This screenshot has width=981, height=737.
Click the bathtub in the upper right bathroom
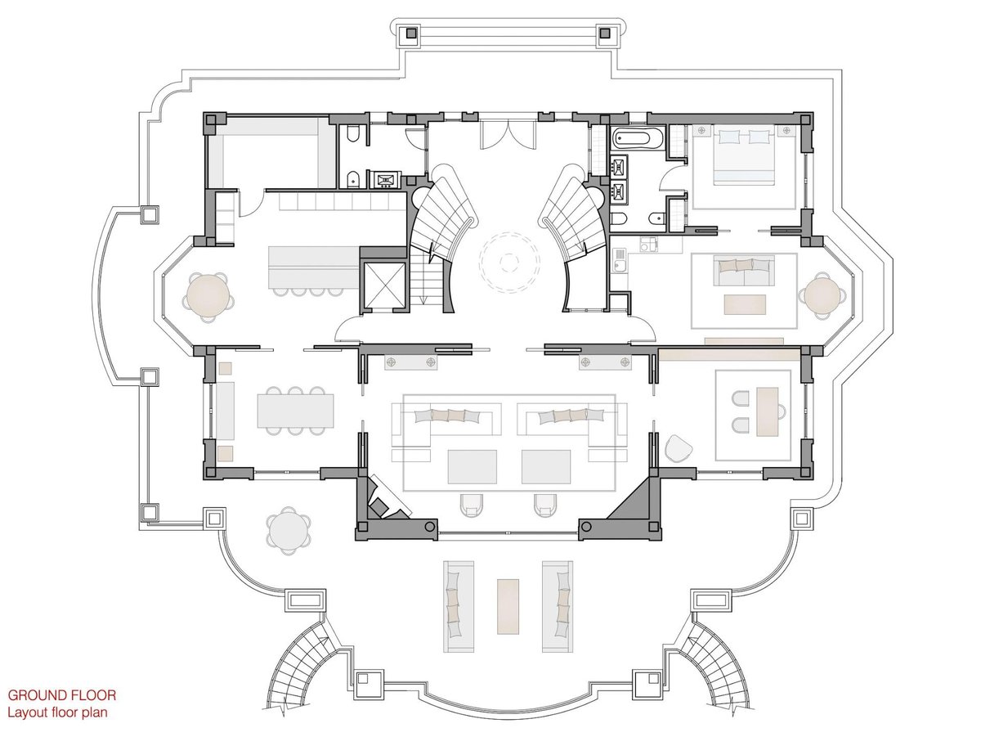pyautogui.click(x=638, y=137)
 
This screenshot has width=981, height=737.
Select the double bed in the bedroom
pyautogui.click(x=744, y=155)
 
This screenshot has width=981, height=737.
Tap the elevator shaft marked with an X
pyautogui.click(x=384, y=285)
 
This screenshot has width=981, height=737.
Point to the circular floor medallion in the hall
pyautogui.click(x=509, y=263)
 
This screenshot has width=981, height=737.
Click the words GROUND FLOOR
pyautogui.click(x=62, y=695)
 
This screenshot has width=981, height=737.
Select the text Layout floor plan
pyautogui.click(x=58, y=712)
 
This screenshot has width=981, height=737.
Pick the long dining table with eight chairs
pyautogui.click(x=295, y=411)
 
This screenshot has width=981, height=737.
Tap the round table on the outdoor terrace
pyautogui.click(x=289, y=532)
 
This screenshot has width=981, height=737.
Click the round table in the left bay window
pyautogui.click(x=208, y=295)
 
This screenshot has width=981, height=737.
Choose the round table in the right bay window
pyautogui.click(x=822, y=295)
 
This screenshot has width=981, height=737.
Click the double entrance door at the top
pyautogui.click(x=508, y=134)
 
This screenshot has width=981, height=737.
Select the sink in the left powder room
pyautogui.click(x=386, y=180)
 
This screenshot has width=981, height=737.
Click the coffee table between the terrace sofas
pyautogui.click(x=508, y=606)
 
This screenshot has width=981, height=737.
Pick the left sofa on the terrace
pyautogui.click(x=459, y=606)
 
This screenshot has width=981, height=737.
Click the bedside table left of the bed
pyautogui.click(x=701, y=131)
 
